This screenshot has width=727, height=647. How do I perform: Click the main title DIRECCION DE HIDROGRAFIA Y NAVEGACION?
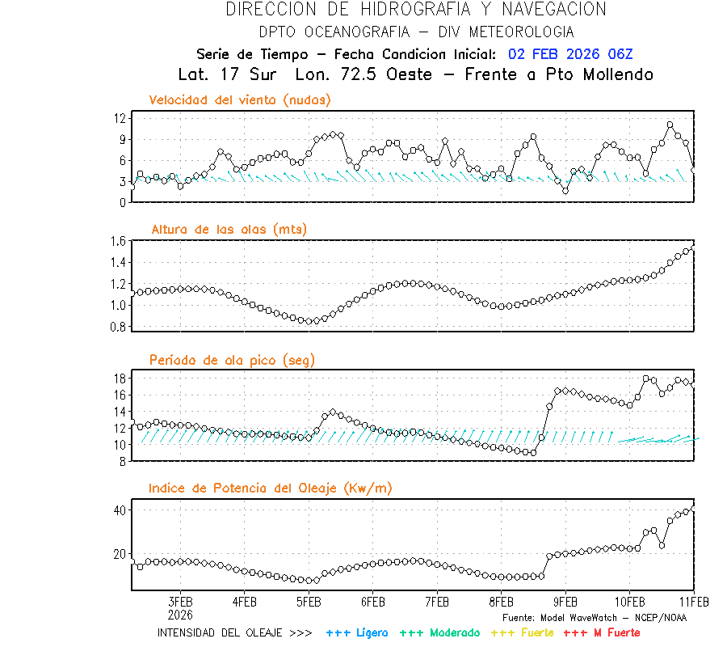(416, 10)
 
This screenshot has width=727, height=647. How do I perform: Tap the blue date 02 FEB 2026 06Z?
(570, 54)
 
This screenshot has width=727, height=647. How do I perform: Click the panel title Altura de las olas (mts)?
(229, 230)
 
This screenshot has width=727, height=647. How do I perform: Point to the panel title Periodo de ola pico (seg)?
(232, 360)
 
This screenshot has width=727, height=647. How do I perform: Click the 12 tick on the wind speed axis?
(120, 118)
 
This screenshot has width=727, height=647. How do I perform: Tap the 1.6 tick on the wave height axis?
(118, 241)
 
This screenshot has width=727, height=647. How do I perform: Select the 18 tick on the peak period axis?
(120, 378)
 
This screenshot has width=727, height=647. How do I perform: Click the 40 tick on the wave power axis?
(120, 510)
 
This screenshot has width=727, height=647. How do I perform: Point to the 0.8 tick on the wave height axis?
(118, 327)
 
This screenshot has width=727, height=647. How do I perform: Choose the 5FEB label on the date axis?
(309, 602)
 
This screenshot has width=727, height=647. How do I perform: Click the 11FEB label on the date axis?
(693, 602)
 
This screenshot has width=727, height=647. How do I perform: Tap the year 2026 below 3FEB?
(180, 614)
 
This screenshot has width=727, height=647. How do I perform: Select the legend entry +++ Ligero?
(357, 632)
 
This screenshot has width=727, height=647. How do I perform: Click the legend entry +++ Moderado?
(439, 632)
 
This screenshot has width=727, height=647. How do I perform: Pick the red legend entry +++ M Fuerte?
(602, 632)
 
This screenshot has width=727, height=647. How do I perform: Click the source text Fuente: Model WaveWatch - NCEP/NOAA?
(594, 617)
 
